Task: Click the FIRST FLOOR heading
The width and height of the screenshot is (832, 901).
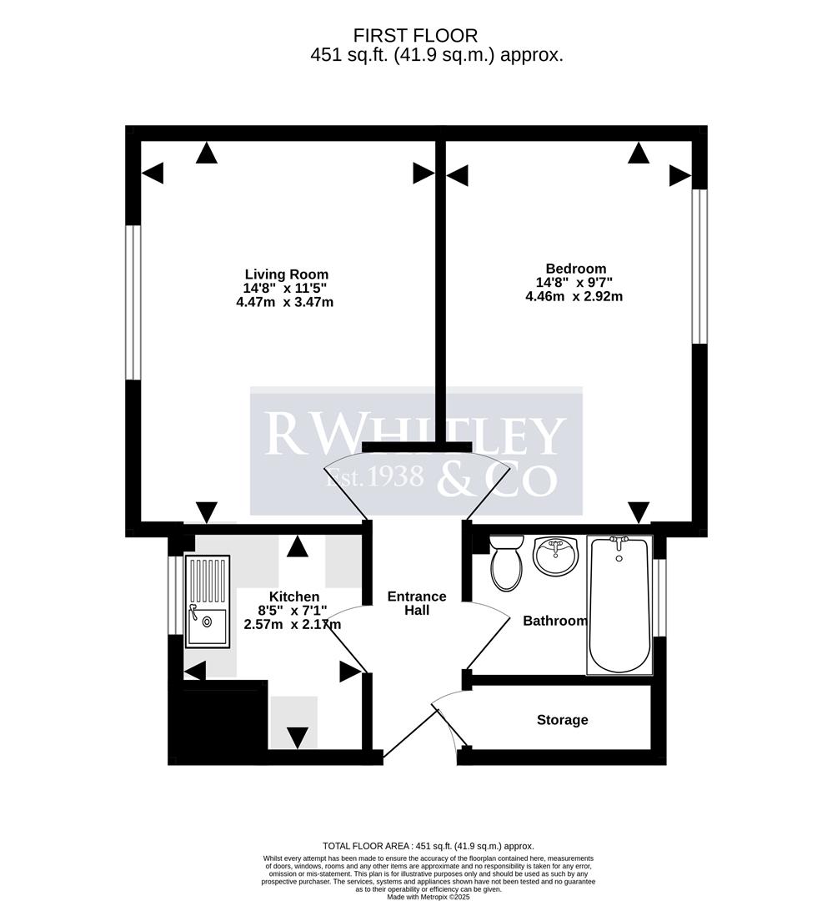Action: [415, 36]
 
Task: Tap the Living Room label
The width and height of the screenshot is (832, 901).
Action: [286, 274]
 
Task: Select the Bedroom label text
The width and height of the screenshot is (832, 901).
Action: [575, 269]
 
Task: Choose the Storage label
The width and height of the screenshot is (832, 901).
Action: [562, 720]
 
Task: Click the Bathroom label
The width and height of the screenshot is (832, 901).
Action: [554, 621]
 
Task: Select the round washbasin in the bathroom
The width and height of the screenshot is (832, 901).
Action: [555, 556]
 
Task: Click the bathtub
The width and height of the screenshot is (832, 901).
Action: [619, 605]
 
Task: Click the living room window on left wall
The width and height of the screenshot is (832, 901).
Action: [133, 302]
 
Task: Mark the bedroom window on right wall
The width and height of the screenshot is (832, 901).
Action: [699, 267]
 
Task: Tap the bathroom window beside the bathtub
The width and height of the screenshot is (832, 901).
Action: [659, 597]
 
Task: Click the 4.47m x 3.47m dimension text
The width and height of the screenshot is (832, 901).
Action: [284, 302]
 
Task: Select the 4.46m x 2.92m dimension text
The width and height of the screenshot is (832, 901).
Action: [574, 296]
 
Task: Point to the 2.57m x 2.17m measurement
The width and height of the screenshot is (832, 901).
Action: [292, 624]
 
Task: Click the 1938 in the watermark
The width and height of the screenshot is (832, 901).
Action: [397, 476]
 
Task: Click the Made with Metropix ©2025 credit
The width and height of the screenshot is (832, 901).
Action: [428, 896]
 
